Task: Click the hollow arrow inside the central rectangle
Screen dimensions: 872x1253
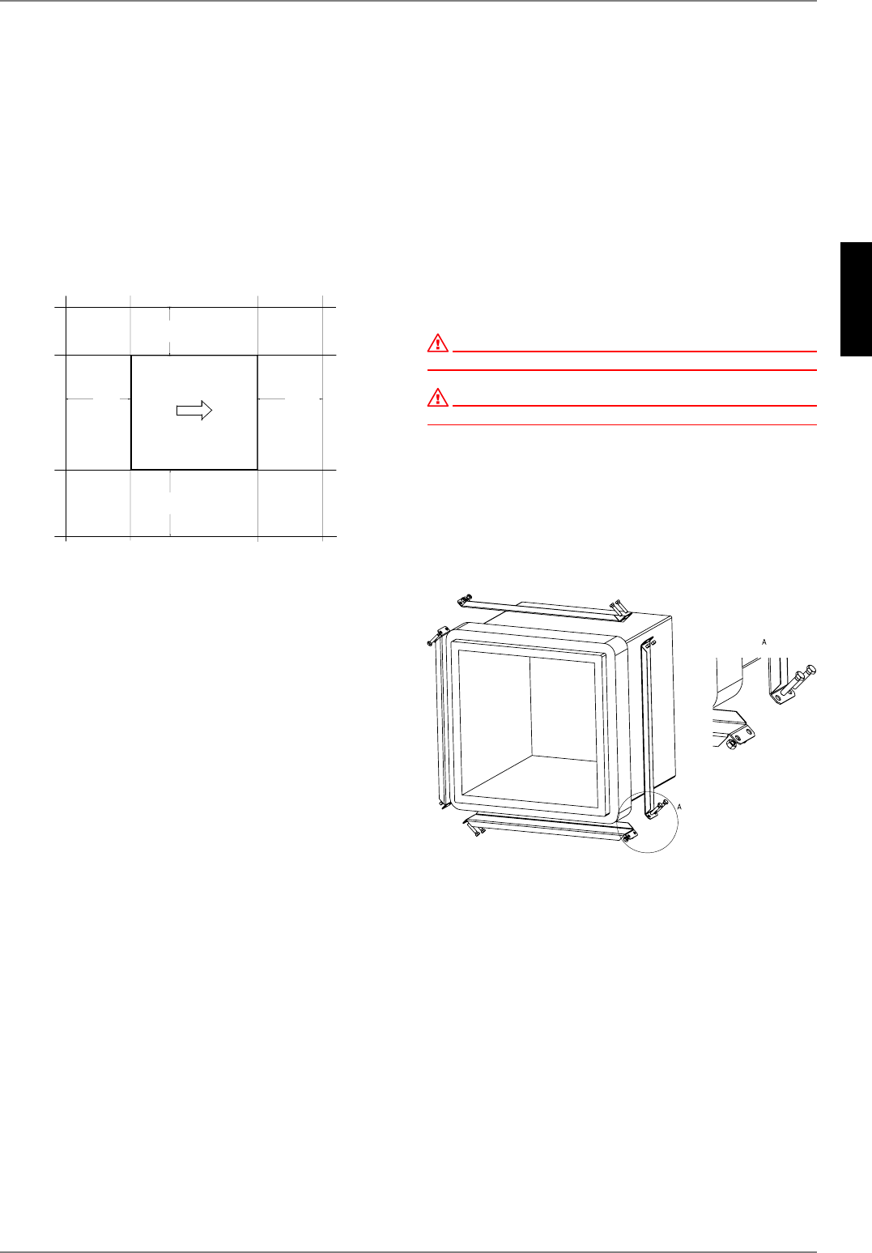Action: click(194, 411)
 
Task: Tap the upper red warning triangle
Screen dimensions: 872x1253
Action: click(437, 343)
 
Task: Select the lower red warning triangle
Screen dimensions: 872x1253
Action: click(437, 397)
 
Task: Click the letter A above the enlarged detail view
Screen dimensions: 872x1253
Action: click(764, 641)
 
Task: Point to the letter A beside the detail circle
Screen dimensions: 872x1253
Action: click(679, 807)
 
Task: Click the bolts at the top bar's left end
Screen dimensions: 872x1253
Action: click(464, 600)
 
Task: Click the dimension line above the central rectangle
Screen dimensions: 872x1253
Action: click(170, 330)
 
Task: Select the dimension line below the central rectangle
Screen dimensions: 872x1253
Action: click(170, 502)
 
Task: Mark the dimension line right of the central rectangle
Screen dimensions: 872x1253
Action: click(289, 399)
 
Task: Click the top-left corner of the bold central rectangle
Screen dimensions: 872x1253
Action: click(131, 356)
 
